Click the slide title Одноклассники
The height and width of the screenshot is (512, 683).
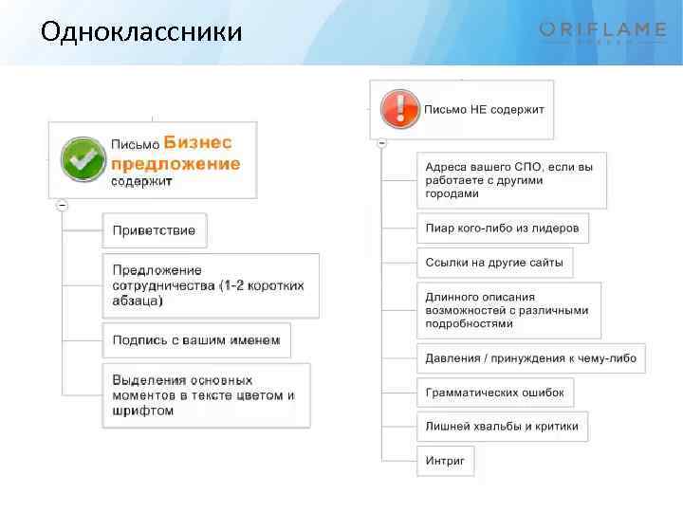[x=141, y=31]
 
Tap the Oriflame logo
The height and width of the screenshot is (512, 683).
[x=602, y=32]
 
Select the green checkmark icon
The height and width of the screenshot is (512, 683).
[x=83, y=158]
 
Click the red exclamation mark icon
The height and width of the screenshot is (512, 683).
[x=398, y=108]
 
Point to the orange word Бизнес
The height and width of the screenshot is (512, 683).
[x=197, y=142]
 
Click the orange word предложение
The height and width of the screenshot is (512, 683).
[x=175, y=163]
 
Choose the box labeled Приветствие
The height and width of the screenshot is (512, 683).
[x=155, y=230]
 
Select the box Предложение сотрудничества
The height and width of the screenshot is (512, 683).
[x=210, y=285]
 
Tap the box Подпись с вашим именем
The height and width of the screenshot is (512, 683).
[x=196, y=340]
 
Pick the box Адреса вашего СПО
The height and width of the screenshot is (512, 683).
[x=510, y=180]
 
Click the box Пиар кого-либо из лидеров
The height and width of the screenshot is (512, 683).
[x=502, y=229]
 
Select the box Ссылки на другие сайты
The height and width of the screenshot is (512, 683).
[x=494, y=262]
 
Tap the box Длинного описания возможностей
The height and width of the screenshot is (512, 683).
[x=508, y=310]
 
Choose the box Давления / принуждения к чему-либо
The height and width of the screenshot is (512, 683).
[x=530, y=358]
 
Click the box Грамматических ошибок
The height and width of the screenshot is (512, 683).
[x=494, y=393]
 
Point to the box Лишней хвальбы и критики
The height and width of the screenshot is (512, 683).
[x=502, y=427]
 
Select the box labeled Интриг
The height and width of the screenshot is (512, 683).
[x=444, y=461]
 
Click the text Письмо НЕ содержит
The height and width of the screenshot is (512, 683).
[x=484, y=109]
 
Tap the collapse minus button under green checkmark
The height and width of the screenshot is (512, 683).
[x=62, y=205]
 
